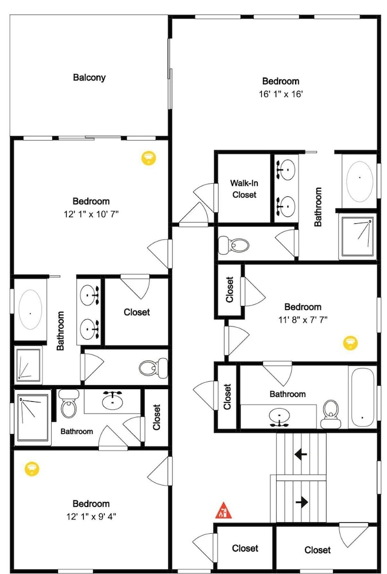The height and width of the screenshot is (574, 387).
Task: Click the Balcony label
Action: pyautogui.click(x=89, y=77)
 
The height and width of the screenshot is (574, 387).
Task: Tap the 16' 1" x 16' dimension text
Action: pyautogui.click(x=281, y=94)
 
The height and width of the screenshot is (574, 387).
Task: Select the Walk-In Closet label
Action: pyautogui.click(x=244, y=189)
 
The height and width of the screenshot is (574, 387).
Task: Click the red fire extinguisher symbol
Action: pyautogui.click(x=223, y=510)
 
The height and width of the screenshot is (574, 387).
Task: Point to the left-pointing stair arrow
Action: pyautogui.click(x=301, y=455)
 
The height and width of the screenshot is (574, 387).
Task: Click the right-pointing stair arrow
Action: pyautogui.click(x=301, y=502)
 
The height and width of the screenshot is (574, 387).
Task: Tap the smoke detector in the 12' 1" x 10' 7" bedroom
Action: pyautogui.click(x=148, y=158)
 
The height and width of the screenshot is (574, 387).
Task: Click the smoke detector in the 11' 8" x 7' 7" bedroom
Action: pyautogui.click(x=350, y=343)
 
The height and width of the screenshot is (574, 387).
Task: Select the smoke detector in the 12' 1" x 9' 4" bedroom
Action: pyautogui.click(x=32, y=468)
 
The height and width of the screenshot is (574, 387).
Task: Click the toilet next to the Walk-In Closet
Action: pyautogui.click(x=234, y=245)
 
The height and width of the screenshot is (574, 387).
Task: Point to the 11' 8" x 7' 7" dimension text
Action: pyautogui.click(x=303, y=320)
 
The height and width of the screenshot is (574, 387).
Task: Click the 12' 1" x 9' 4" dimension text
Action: pyautogui.click(x=91, y=517)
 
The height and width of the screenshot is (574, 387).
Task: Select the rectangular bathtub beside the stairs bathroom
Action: pyautogui.click(x=362, y=398)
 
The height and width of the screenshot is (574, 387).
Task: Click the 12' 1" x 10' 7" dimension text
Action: pyautogui.click(x=91, y=214)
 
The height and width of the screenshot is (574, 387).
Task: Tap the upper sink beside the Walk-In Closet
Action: pyautogui.click(x=285, y=169)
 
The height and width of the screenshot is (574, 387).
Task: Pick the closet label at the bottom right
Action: pyautogui.click(x=318, y=550)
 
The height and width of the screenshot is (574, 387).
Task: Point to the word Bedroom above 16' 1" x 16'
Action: pyautogui.click(x=281, y=82)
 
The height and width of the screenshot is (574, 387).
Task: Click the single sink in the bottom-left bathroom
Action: pyautogui.click(x=113, y=401)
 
